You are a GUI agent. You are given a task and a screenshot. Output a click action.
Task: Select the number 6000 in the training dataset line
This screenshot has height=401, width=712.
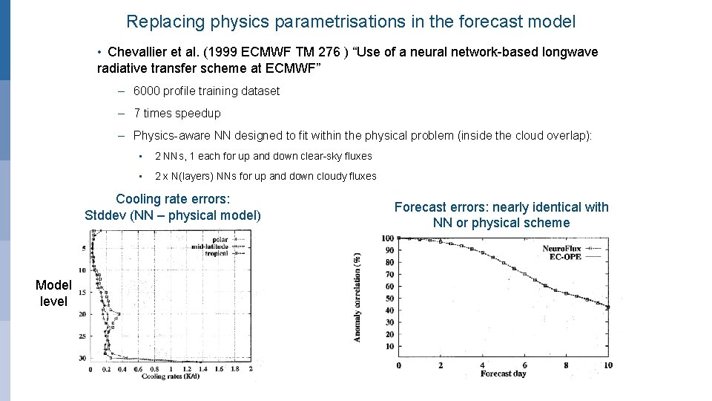tap(147, 91)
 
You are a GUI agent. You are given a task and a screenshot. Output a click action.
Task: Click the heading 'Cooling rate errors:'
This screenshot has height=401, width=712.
tap(173, 199)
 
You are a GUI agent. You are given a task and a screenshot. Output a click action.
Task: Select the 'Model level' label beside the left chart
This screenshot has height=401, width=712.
tap(53, 293)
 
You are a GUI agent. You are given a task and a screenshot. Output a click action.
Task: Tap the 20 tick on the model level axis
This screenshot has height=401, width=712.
tap(82, 314)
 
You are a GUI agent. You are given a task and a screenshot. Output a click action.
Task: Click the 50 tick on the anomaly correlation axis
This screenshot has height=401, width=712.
tap(388, 299)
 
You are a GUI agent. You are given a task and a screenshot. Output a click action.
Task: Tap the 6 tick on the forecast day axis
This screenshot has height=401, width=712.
tap(524, 365)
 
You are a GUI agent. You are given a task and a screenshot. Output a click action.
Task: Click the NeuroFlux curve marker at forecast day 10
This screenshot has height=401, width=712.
tap(608, 307)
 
